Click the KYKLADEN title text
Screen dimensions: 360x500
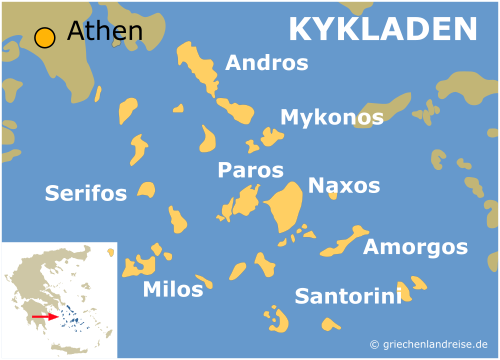pyautogui.click(x=382, y=29)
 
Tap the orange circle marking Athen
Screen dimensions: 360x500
pyautogui.click(x=44, y=38)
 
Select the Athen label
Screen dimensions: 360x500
pyautogui.click(x=104, y=33)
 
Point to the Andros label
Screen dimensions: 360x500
pyautogui.click(x=266, y=63)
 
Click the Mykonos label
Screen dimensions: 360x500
pyautogui.click(x=331, y=118)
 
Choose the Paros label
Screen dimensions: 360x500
pyautogui.click(x=250, y=170)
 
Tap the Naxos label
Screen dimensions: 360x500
pyautogui.click(x=344, y=185)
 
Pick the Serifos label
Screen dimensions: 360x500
pyautogui.click(x=85, y=193)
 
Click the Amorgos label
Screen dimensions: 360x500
pyautogui.click(x=415, y=246)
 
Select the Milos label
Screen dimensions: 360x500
pyautogui.click(x=172, y=290)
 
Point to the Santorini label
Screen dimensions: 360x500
pyautogui.click(x=348, y=295)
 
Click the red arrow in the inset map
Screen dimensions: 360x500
pyautogui.click(x=43, y=316)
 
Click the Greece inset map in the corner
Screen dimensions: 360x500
pyautogui.click(x=59, y=299)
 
